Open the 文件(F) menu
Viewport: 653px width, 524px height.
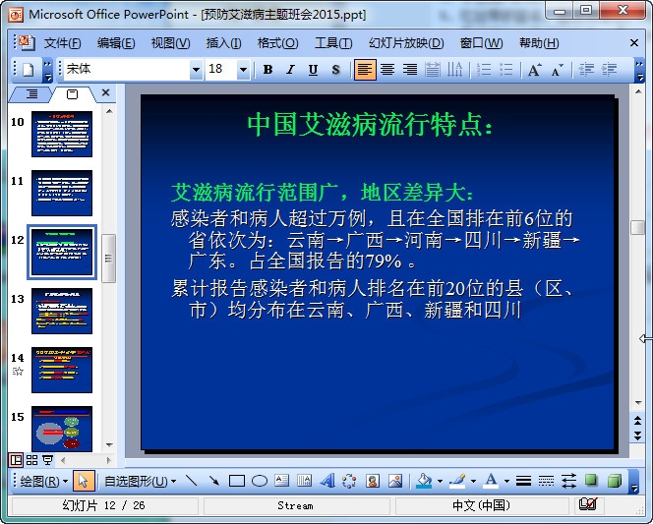point(62,43)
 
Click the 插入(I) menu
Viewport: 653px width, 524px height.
point(223,43)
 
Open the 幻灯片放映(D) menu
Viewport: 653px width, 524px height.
point(406,43)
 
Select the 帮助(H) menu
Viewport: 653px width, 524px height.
point(539,43)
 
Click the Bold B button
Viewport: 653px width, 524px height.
point(267,70)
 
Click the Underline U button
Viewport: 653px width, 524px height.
point(313,70)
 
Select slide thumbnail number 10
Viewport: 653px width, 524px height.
point(62,135)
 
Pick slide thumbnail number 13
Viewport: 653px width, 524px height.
point(62,311)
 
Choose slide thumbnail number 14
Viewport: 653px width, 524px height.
point(62,370)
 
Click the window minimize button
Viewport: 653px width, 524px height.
point(561,11)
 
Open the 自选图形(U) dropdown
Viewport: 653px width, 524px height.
point(140,481)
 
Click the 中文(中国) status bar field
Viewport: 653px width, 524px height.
point(481,505)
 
